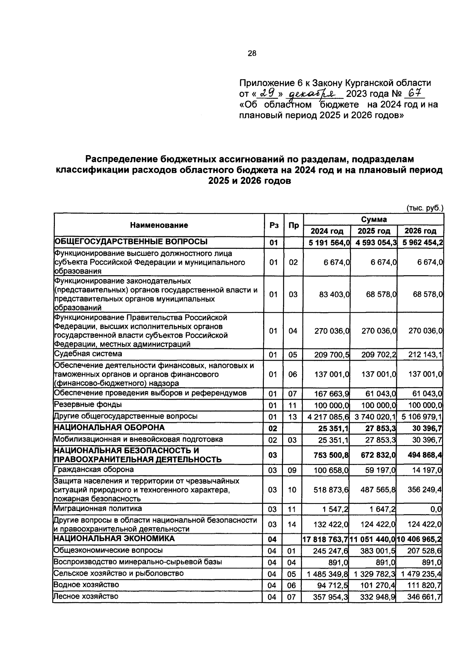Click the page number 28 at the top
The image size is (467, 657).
pos(252,54)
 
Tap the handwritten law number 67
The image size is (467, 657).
pos(414,94)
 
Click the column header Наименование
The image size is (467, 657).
pos(159,225)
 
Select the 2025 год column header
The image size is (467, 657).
pos(374,231)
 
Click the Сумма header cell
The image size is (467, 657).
pos(374,219)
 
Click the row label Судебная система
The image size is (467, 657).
pos(88,354)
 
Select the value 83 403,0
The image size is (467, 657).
pos(334,295)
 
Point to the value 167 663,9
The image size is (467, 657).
pos(332,394)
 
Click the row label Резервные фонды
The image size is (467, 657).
pos(88,404)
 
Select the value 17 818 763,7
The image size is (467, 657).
pos(326,540)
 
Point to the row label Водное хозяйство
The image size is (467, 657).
pos(86,585)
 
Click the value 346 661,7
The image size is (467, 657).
pos(424,597)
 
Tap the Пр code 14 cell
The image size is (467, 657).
pos(293,524)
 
